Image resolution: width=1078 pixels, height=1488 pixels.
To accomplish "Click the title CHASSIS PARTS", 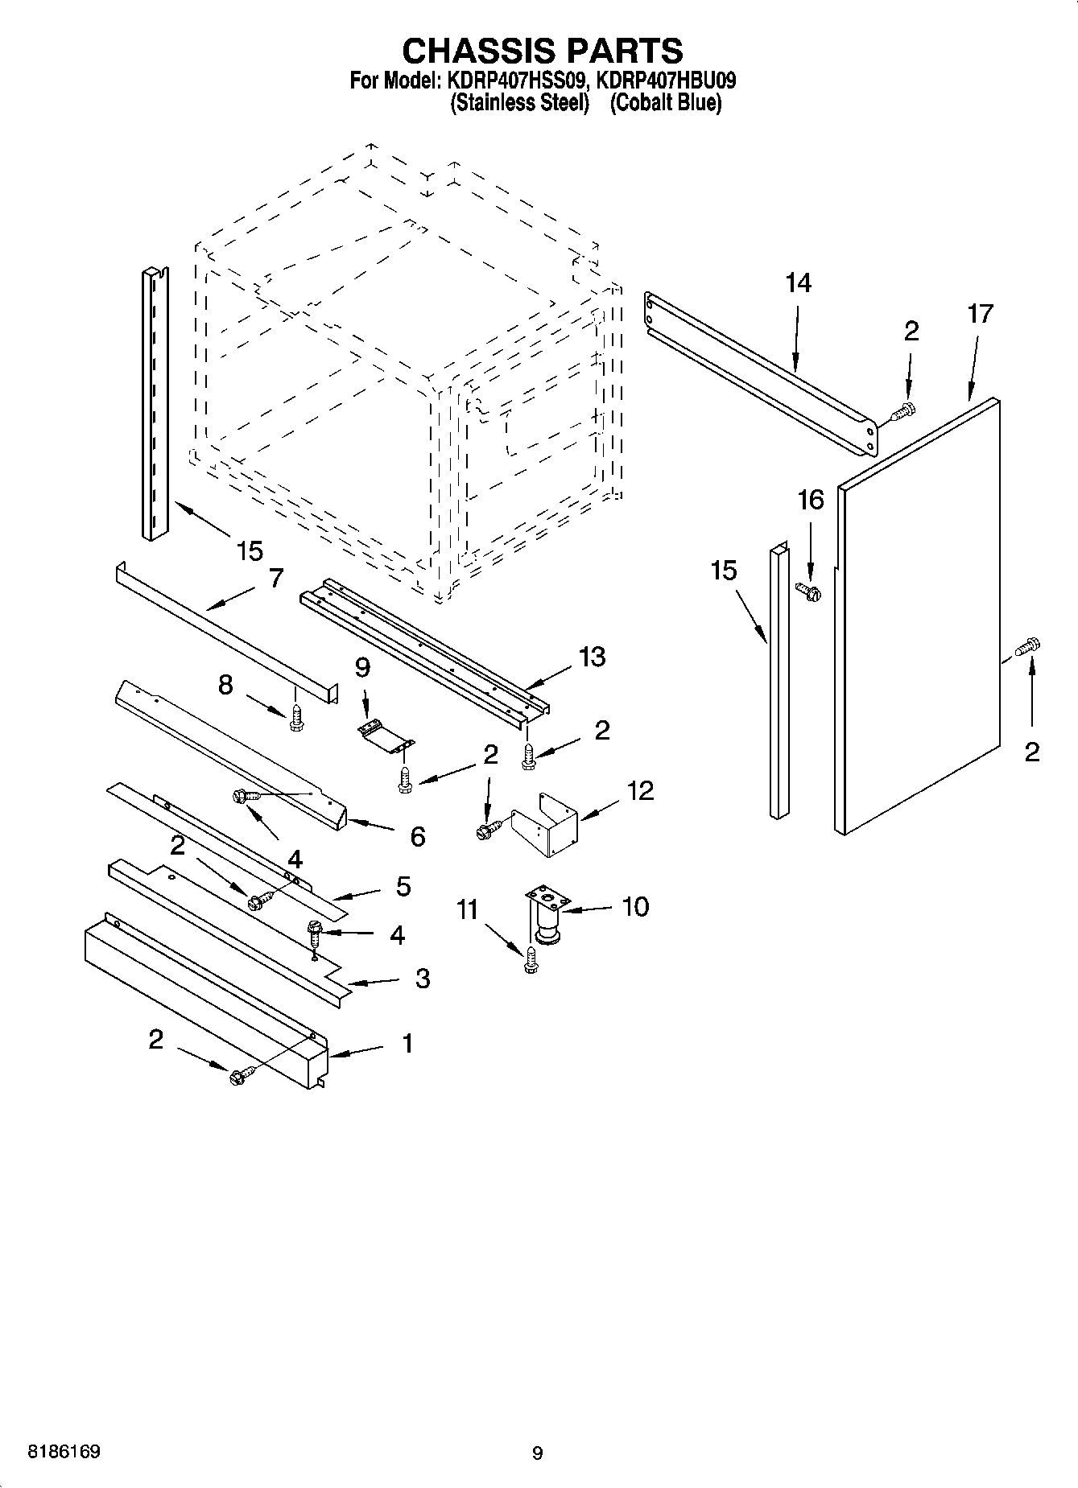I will [542, 51].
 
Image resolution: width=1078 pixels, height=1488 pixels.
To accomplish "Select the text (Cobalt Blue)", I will [665, 103].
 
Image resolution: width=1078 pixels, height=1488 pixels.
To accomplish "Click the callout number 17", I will [980, 313].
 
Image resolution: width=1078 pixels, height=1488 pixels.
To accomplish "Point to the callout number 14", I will [798, 282].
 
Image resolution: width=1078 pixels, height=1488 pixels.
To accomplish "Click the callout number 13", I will [592, 657].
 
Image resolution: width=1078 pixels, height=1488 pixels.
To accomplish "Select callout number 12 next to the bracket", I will [640, 790].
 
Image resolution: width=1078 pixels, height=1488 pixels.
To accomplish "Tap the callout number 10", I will [635, 906].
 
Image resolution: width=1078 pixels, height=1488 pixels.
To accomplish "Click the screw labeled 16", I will [807, 592].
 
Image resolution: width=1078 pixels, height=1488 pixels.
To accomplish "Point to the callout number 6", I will [417, 836].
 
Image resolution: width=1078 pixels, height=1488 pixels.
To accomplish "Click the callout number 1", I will [407, 1043].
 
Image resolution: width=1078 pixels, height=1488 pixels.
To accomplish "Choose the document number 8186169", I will [64, 1452].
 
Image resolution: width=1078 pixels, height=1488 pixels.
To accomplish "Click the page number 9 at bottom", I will [537, 1453].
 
